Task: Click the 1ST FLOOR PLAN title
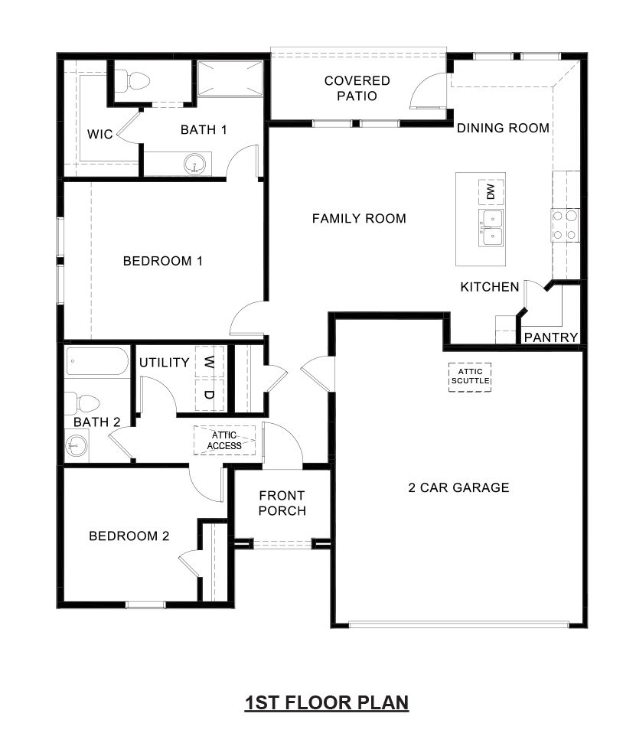[x=326, y=702]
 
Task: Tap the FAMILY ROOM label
[x=359, y=219]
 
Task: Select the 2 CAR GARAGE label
[x=458, y=487]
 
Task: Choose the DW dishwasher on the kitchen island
[x=491, y=191]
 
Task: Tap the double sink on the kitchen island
[x=491, y=228]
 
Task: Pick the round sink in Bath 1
[x=197, y=165]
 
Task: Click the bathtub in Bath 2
[x=96, y=361]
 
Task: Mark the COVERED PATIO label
[x=357, y=88]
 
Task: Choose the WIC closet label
[x=99, y=135]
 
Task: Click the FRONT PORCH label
[x=282, y=503]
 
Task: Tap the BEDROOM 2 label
[x=129, y=536]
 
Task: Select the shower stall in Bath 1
[x=229, y=78]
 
